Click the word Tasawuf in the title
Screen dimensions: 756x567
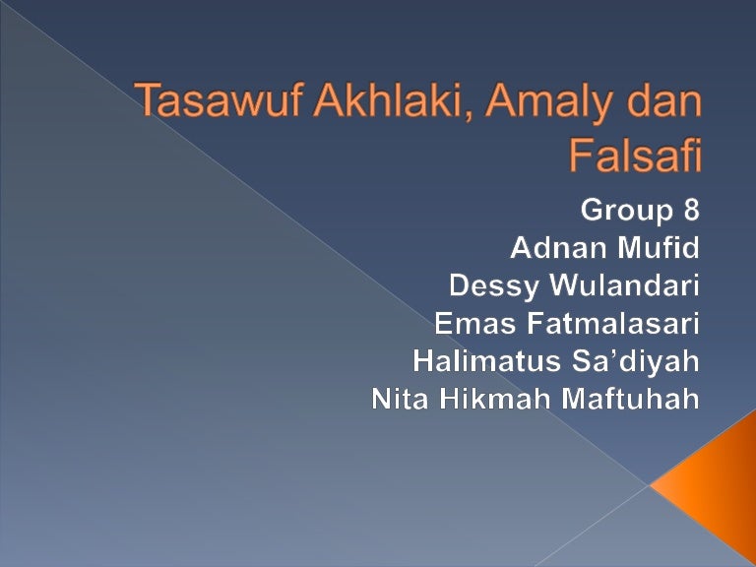pyautogui.click(x=219, y=99)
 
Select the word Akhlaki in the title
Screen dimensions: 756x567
pyautogui.click(x=389, y=99)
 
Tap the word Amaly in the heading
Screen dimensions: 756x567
pyautogui.click(x=549, y=103)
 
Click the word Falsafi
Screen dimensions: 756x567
pyautogui.click(x=635, y=155)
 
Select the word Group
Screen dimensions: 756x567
pyautogui.click(x=626, y=211)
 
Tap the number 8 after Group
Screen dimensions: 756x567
pyautogui.click(x=691, y=210)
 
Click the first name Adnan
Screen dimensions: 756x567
pyautogui.click(x=558, y=247)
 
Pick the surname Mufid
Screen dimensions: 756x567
pyautogui.click(x=659, y=247)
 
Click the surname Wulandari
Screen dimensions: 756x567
pyautogui.click(x=624, y=284)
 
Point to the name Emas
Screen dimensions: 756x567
pyautogui.click(x=474, y=323)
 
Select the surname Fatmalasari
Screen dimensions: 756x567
pyautogui.click(x=613, y=323)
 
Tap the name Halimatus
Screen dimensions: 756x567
pyautogui.click(x=487, y=360)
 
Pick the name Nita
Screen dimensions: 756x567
pyautogui.click(x=400, y=399)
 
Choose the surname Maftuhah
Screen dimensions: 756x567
pyautogui.click(x=631, y=399)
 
